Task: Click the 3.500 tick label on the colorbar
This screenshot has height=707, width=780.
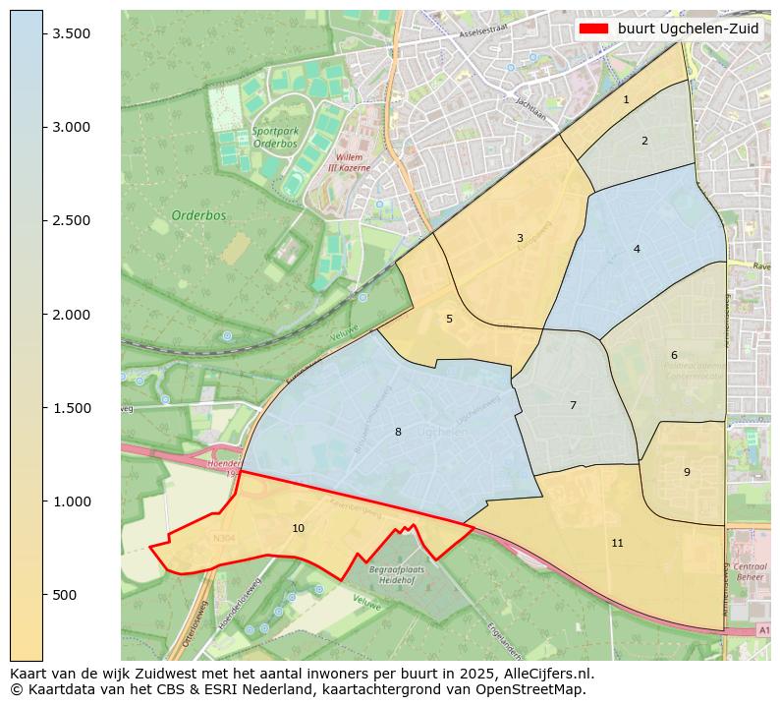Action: [72, 33]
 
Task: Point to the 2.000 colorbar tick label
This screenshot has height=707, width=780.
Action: [72, 315]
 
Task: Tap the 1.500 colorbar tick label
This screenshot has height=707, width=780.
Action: [72, 408]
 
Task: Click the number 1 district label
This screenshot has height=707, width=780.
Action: [626, 99]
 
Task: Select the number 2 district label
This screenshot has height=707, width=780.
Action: [644, 141]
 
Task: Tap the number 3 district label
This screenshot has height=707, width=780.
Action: [520, 238]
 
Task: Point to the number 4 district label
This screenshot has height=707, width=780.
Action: [637, 249]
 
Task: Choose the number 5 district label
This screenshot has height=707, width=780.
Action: [449, 319]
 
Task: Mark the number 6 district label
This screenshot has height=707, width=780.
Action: [674, 355]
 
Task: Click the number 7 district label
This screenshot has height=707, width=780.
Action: [573, 405]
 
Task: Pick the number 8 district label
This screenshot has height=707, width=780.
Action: [398, 432]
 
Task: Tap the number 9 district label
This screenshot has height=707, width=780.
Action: [687, 472]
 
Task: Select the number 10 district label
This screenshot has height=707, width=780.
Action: [298, 528]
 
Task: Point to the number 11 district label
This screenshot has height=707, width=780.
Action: [617, 543]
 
